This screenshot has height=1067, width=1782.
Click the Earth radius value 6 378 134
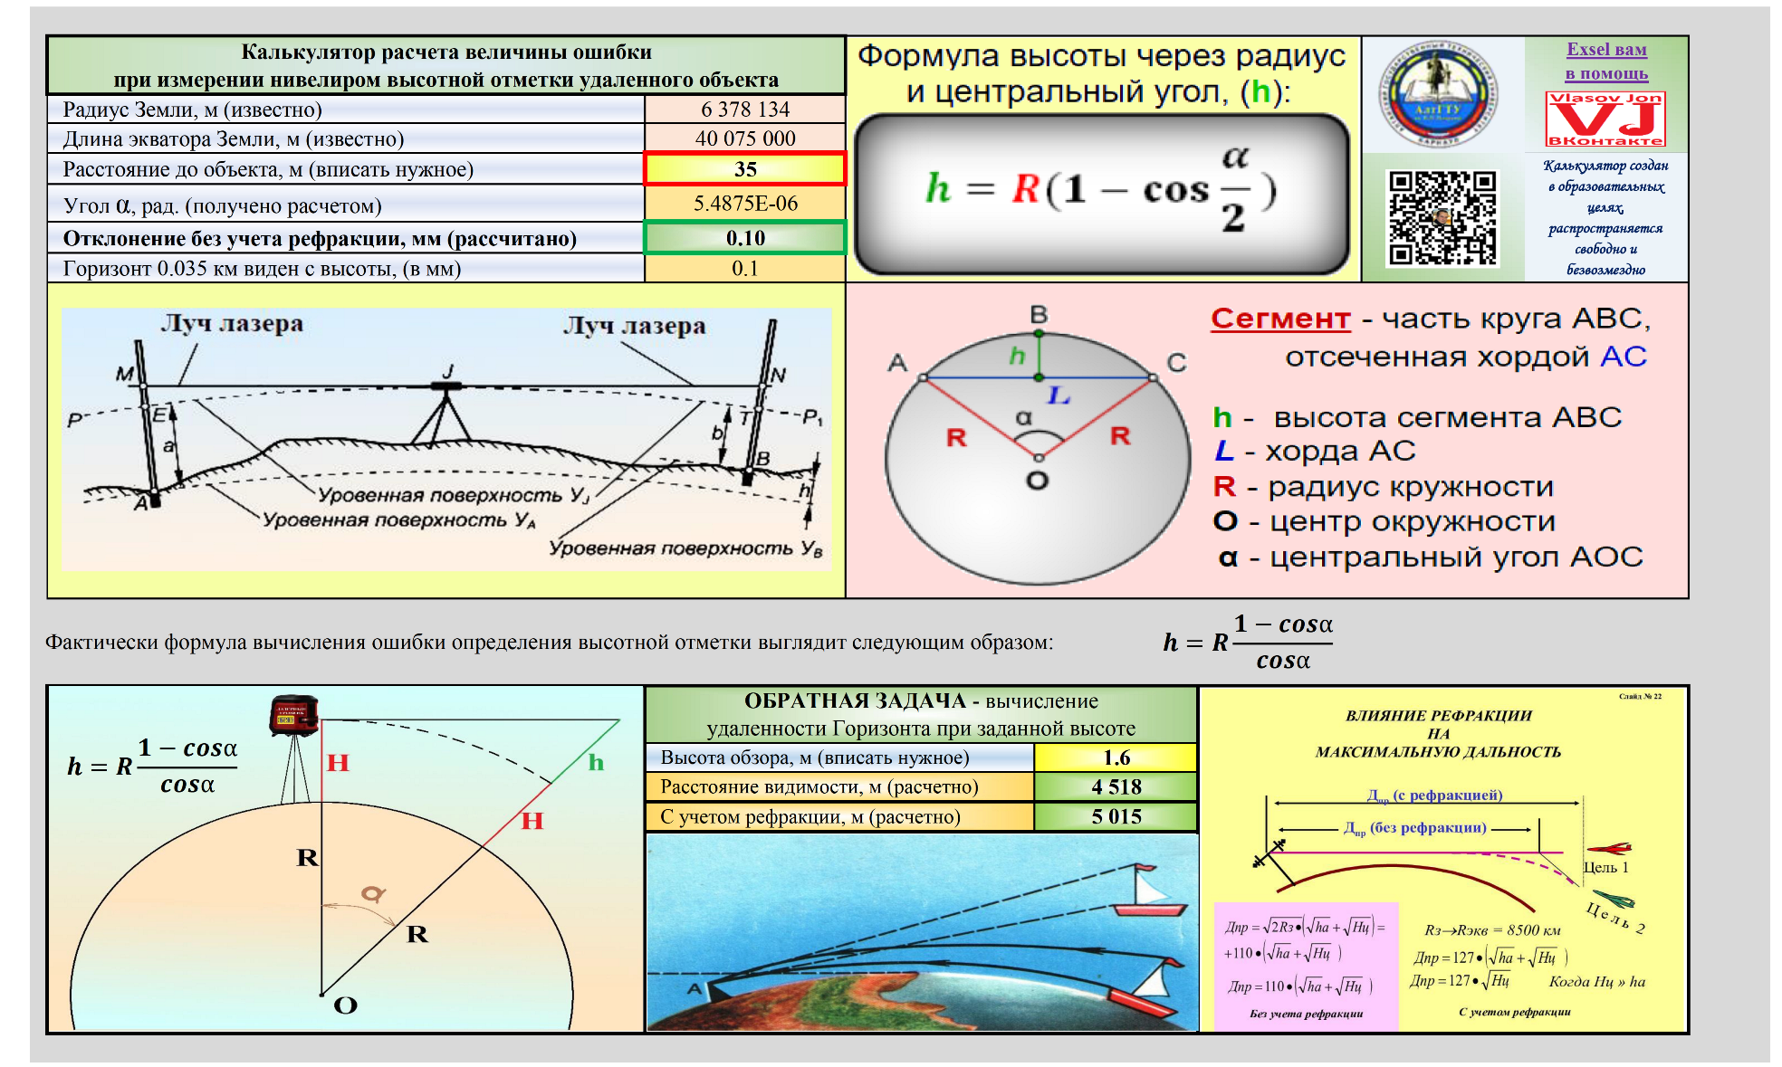tap(744, 110)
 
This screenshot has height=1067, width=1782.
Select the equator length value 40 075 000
tap(744, 138)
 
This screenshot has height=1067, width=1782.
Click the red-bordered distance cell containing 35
tap(744, 169)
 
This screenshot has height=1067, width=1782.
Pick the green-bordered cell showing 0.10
tap(744, 238)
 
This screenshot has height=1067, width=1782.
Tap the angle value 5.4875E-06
tap(744, 204)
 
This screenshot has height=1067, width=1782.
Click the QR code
tap(1442, 218)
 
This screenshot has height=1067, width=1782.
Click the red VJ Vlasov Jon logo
tap(1605, 119)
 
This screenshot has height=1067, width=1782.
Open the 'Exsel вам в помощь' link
tap(1606, 62)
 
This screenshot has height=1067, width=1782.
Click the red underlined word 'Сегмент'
tap(1280, 319)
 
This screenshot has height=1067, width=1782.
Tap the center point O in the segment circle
tap(1039, 458)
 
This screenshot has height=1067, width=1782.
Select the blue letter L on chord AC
tap(1059, 395)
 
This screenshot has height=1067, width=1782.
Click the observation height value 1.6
tap(1116, 757)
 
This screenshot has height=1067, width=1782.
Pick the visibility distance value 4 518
tap(1116, 786)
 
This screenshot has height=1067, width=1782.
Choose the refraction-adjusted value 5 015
tap(1116, 816)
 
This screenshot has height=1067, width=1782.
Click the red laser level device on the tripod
tap(294, 714)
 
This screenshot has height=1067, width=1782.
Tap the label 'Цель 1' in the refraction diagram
tap(1605, 867)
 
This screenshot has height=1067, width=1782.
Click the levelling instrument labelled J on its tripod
tap(445, 386)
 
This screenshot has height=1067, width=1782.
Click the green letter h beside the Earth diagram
tap(595, 762)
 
